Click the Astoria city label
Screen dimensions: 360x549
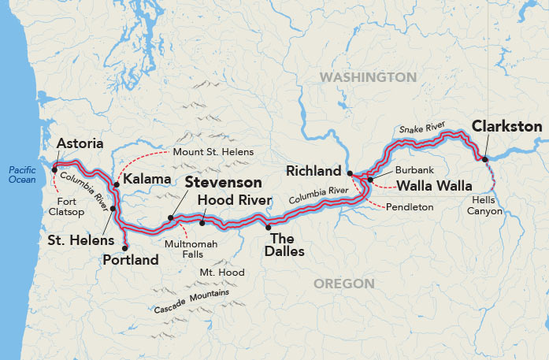point(80,144)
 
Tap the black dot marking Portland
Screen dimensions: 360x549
point(125,247)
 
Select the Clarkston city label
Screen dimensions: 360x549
point(506,126)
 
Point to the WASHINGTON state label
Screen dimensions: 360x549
point(368,77)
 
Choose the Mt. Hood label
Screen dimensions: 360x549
point(221,273)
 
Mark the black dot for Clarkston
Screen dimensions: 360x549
point(485,160)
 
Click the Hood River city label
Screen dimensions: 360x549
point(235,200)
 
